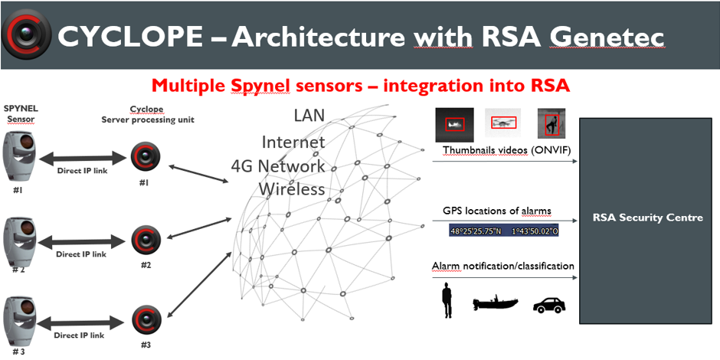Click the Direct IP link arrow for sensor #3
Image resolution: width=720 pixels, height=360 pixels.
[81, 325]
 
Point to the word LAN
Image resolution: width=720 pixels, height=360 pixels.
[309, 116]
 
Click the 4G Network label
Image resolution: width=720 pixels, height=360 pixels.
[278, 165]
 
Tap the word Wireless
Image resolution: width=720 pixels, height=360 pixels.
[292, 188]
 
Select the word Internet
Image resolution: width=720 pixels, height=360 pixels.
[293, 142]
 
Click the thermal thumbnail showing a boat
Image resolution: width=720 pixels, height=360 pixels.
[453, 123]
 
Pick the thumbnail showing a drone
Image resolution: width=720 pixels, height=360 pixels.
[502, 123]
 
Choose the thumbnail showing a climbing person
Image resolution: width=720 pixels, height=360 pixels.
[551, 123]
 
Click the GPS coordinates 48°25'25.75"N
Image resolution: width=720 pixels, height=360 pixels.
[475, 232]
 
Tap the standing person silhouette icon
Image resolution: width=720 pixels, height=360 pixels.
[447, 299]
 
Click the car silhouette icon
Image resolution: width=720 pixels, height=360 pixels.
[549, 304]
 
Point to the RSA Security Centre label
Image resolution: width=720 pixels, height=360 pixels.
[648, 218]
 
